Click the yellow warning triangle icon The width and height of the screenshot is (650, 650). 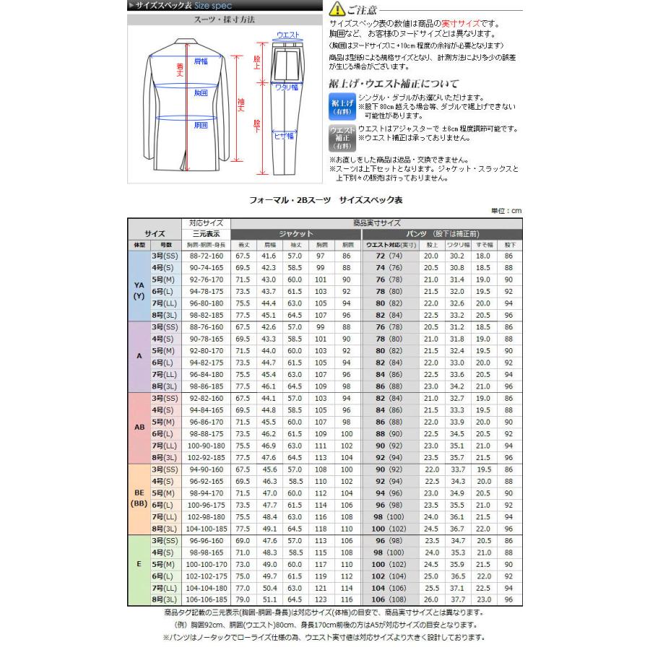334,9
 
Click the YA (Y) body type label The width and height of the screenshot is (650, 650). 139,290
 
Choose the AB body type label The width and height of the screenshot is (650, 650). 139,426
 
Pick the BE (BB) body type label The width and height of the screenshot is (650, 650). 139,498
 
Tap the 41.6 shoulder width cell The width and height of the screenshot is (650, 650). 269,256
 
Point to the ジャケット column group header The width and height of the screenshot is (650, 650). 295,234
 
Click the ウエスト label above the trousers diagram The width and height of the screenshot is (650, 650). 288,35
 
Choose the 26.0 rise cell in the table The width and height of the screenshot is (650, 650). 431,599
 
